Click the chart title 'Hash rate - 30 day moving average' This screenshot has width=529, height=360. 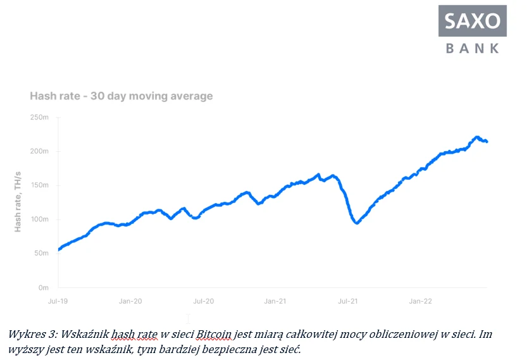click(x=121, y=96)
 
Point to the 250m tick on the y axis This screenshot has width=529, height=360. click(x=39, y=118)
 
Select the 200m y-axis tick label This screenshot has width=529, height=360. click(x=39, y=151)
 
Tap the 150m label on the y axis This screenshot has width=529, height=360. click(x=39, y=185)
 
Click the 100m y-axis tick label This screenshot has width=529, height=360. click(x=39, y=220)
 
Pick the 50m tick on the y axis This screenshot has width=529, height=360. click(x=40, y=253)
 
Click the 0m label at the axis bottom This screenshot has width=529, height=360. click(x=43, y=287)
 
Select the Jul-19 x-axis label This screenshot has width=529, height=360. click(x=58, y=301)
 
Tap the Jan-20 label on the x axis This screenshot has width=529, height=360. click(x=130, y=301)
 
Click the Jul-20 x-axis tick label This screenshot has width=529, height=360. click(x=203, y=301)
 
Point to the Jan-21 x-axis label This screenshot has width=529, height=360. click(x=276, y=301)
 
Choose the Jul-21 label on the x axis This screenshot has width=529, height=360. click(x=348, y=301)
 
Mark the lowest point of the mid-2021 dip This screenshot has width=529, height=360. click(x=358, y=223)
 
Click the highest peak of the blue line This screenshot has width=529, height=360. click(x=477, y=137)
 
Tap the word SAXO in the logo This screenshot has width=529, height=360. click(x=473, y=21)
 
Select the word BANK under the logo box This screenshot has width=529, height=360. click(x=473, y=48)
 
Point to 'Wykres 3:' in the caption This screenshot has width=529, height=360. click(x=29, y=333)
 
